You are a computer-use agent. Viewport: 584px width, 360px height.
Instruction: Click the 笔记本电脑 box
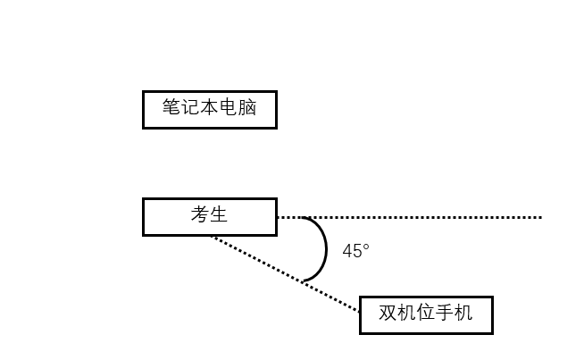pyautogui.click(x=209, y=110)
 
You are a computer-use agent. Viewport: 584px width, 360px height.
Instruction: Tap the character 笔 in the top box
pyautogui.click(x=171, y=108)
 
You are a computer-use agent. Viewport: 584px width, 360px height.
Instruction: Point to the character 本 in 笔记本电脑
pyautogui.click(x=210, y=108)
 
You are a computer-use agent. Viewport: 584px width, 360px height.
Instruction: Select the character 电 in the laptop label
pyautogui.click(x=229, y=108)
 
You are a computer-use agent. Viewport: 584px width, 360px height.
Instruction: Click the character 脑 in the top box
pyautogui.click(x=247, y=108)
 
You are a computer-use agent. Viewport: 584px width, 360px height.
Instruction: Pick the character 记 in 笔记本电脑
pyautogui.click(x=190, y=108)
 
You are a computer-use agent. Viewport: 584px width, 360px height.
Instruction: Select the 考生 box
pyautogui.click(x=209, y=217)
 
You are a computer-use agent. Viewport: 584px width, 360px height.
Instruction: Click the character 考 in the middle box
pyautogui.click(x=199, y=214)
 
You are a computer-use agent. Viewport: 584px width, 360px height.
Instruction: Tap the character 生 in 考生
pyautogui.click(x=219, y=214)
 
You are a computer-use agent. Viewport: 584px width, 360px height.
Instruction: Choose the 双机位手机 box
pyautogui.click(x=426, y=315)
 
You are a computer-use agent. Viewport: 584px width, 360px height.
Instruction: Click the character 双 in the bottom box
pyautogui.click(x=388, y=314)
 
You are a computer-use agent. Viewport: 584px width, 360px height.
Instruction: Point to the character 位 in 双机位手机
pyautogui.click(x=426, y=314)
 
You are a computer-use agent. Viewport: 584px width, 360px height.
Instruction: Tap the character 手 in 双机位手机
pyautogui.click(x=445, y=314)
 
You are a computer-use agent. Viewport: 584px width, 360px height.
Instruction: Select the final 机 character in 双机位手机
pyautogui.click(x=463, y=314)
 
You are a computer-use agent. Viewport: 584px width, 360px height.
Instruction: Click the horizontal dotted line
pyautogui.click(x=429, y=217)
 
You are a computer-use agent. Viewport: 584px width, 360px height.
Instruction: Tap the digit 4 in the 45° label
pyautogui.click(x=347, y=252)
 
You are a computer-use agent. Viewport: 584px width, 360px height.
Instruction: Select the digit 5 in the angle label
pyautogui.click(x=357, y=252)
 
